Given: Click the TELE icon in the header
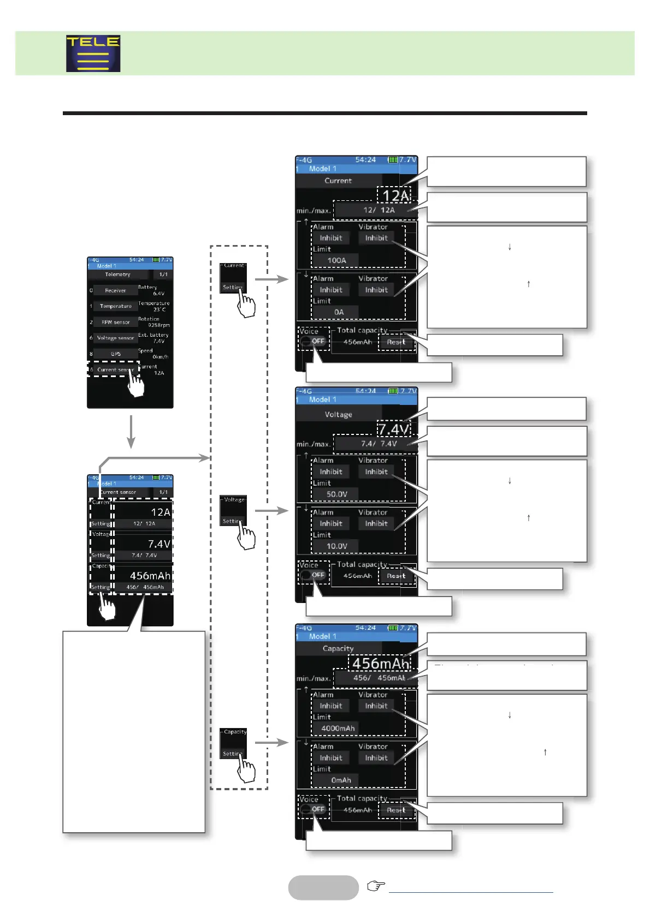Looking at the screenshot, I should click(93, 53).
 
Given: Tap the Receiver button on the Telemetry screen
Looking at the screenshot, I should click(115, 290).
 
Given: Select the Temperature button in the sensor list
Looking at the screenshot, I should click(115, 306).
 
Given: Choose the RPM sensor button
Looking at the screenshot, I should click(115, 322).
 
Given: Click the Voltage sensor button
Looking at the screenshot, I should click(115, 338).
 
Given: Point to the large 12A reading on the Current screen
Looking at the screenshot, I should click(394, 196).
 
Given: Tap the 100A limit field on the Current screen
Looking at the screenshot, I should click(336, 260).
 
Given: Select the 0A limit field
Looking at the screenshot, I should click(339, 312).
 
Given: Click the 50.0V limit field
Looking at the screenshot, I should click(336, 494).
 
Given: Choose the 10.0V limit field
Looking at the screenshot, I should click(336, 546).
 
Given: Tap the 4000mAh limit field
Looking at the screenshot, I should click(338, 729).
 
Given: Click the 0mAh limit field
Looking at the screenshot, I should click(341, 780).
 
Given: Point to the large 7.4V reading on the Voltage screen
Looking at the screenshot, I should click(393, 429).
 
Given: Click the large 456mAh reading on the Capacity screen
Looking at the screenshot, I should click(381, 664).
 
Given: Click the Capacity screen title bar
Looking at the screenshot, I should click(338, 648).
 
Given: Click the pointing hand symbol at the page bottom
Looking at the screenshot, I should click(376, 886).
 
